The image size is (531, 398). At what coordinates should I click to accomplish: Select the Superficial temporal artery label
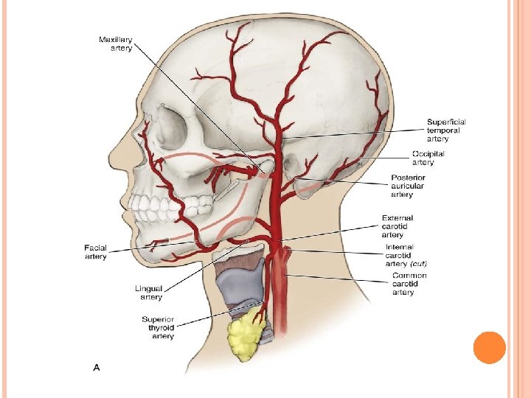pyautogui.click(x=446, y=130)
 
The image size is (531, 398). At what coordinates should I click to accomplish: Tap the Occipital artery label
pyautogui.click(x=428, y=157)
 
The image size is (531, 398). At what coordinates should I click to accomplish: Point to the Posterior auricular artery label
pyautogui.click(x=408, y=186)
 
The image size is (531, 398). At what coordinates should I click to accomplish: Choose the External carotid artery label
pyautogui.click(x=398, y=226)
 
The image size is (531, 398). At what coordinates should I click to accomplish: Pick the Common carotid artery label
pyautogui.click(x=409, y=284)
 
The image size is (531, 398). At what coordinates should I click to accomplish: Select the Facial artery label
pyautogui.click(x=96, y=252)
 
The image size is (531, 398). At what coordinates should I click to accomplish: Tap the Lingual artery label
pyautogui.click(x=151, y=293)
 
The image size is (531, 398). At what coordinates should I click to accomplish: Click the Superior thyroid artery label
pyautogui.click(x=158, y=327)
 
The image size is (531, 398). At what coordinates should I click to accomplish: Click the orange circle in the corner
pyautogui.click(x=489, y=348)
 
